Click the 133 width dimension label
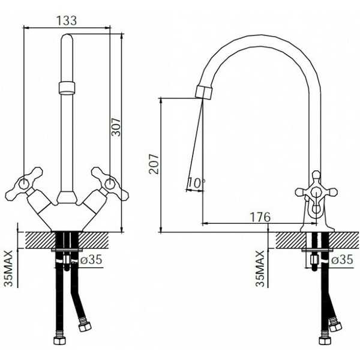(x=67, y=20)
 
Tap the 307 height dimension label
(x=116, y=127)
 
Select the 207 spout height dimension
(x=154, y=164)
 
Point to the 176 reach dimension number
(x=260, y=217)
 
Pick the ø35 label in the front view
(x=91, y=260)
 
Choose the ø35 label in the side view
(x=342, y=260)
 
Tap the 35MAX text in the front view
(x=8, y=268)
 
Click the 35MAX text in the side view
(x=260, y=269)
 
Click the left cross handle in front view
(x=24, y=184)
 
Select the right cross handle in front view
(x=110, y=184)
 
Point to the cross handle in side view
(x=316, y=192)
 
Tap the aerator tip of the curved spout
(x=204, y=92)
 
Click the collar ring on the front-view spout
(x=67, y=88)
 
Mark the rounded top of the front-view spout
(x=67, y=37)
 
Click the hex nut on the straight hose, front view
(x=59, y=340)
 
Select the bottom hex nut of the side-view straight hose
(x=325, y=340)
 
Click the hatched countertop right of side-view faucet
(x=343, y=240)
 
